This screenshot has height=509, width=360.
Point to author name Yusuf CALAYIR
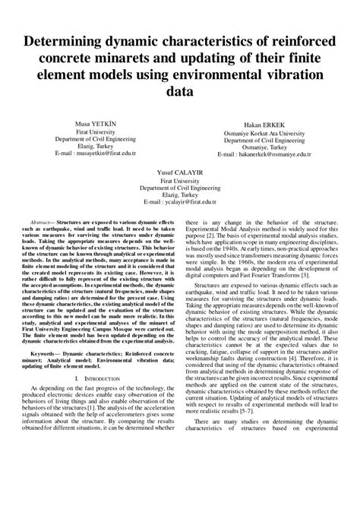(x=179, y=172)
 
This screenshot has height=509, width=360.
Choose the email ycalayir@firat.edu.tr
(x=188, y=202)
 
